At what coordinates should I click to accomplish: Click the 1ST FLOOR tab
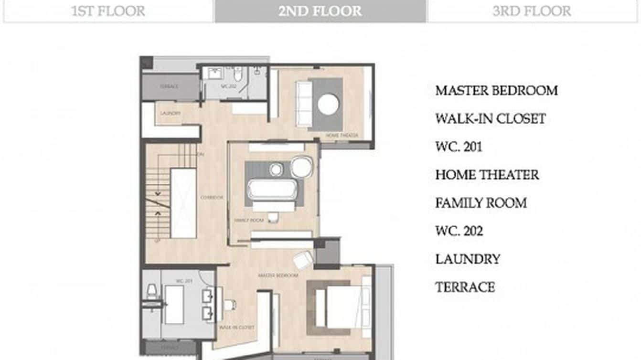pyautogui.click(x=108, y=11)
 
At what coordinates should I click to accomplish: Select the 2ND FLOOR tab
pyautogui.click(x=320, y=11)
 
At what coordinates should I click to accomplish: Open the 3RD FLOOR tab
pyautogui.click(x=532, y=11)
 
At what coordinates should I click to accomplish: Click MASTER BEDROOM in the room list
pyautogui.click(x=496, y=91)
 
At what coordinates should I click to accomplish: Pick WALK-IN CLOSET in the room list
pyautogui.click(x=490, y=119)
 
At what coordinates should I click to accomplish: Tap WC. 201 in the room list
pyautogui.click(x=459, y=147)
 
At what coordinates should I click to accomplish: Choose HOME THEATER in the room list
pyautogui.click(x=487, y=175)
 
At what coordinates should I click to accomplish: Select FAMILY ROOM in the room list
pyautogui.click(x=481, y=203)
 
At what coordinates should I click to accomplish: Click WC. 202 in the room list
pyautogui.click(x=459, y=232)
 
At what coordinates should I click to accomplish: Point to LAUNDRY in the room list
pyautogui.click(x=468, y=260)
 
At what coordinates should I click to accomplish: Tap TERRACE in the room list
pyautogui.click(x=465, y=287)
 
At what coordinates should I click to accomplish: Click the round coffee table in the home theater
pyautogui.click(x=329, y=105)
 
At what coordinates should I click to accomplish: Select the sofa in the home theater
pyautogui.click(x=304, y=104)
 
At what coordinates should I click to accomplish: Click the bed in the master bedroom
pyautogui.click(x=342, y=306)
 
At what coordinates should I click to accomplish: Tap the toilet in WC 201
pyautogui.click(x=152, y=291)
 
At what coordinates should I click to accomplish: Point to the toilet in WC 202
pyautogui.click(x=238, y=74)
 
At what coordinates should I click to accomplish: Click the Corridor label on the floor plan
pyautogui.click(x=212, y=198)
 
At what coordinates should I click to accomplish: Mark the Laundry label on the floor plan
pyautogui.click(x=171, y=114)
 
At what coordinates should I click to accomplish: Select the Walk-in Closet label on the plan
pyautogui.click(x=236, y=328)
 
